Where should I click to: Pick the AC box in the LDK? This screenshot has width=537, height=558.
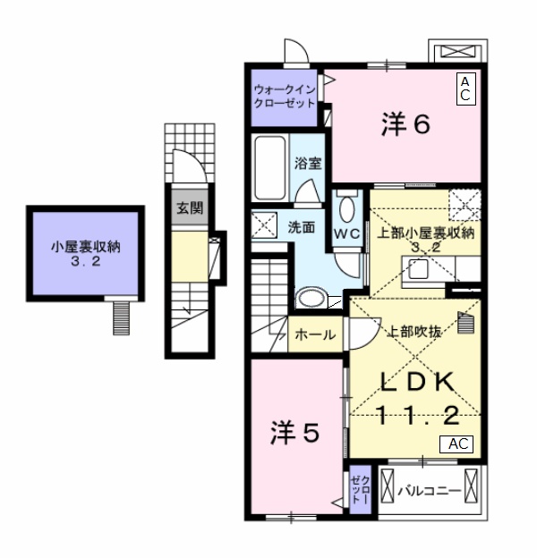pos(456,444)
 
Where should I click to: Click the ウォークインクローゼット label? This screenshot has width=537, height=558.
pos(284,96)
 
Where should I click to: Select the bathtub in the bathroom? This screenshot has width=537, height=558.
pos(268,170)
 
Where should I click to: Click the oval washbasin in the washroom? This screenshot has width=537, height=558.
pos(311,298)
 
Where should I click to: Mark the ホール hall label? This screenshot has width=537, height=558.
pos(316,335)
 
